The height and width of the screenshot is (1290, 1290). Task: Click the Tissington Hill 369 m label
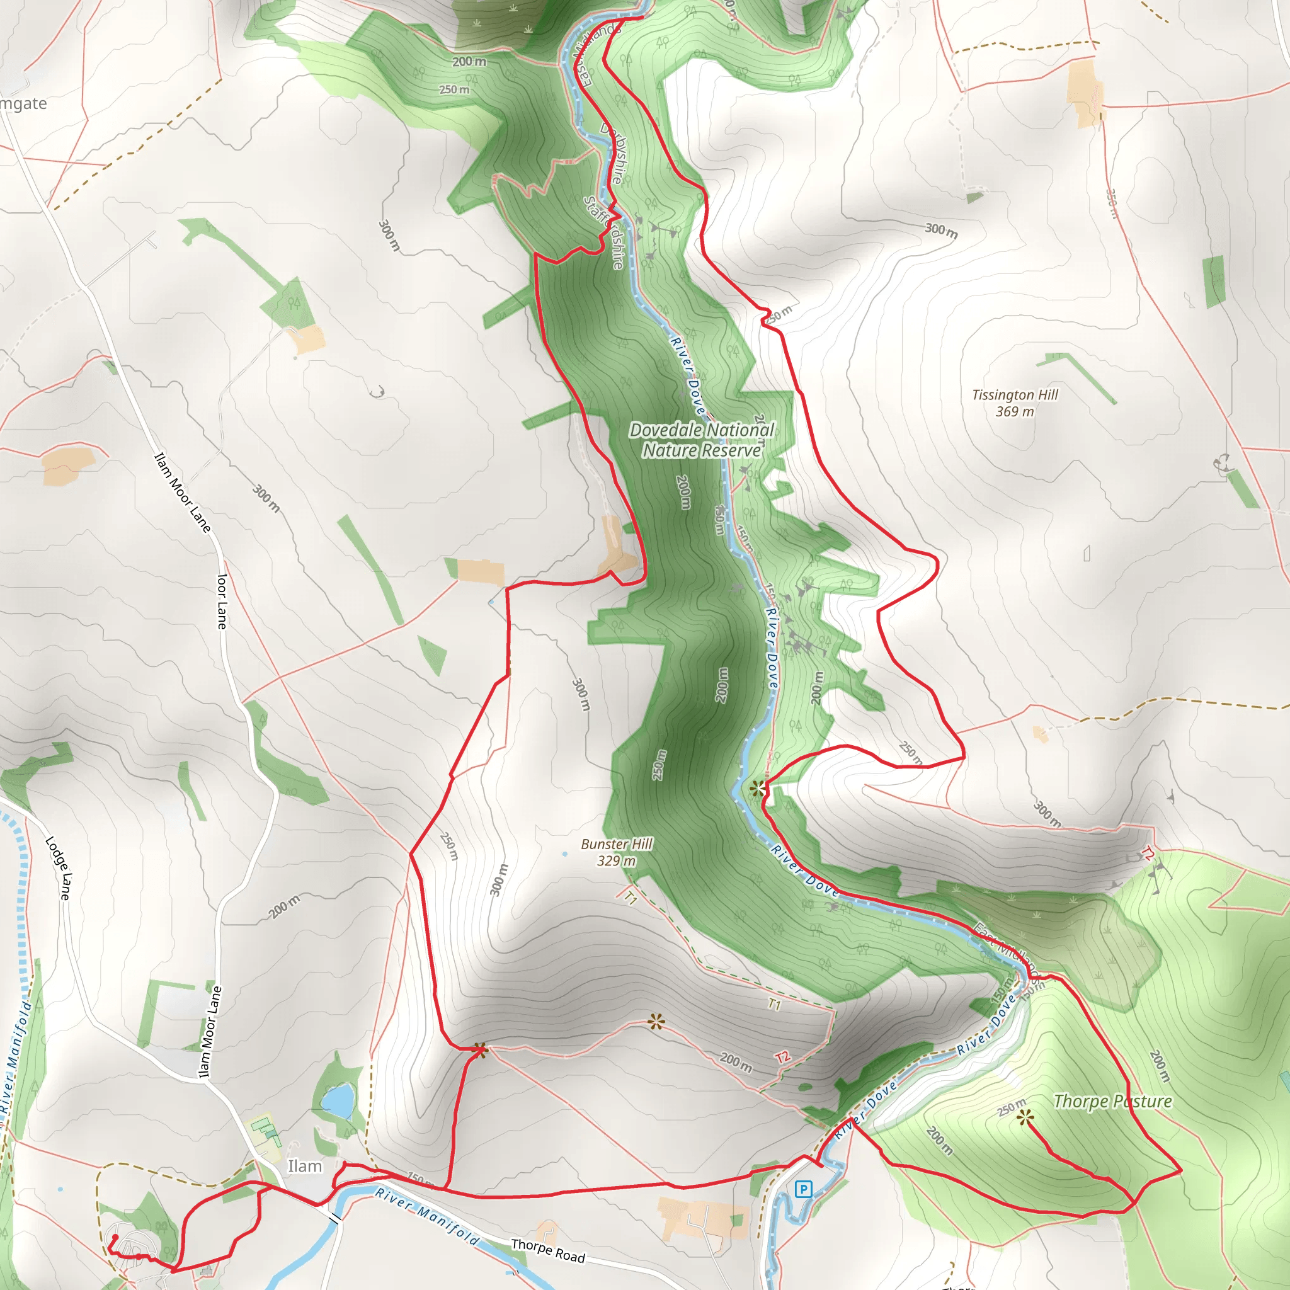point(1015,403)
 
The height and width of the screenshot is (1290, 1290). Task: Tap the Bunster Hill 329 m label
point(616,853)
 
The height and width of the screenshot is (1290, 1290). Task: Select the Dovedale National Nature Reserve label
point(702,440)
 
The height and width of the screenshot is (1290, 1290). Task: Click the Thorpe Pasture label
point(1112,1102)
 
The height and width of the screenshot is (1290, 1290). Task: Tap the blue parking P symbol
point(804,1189)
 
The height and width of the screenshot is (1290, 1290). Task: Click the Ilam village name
point(304,1167)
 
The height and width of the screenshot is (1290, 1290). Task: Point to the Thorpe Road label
point(547,1250)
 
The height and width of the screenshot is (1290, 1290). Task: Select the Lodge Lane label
point(57,868)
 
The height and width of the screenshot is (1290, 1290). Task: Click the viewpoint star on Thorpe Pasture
point(1025,1117)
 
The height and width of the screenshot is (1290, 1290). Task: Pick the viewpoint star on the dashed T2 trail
point(656,1022)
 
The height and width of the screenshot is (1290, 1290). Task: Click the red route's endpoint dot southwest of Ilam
point(115,1237)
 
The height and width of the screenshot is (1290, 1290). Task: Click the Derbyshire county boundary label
point(612,154)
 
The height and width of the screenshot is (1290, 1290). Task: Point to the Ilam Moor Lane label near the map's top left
point(182,493)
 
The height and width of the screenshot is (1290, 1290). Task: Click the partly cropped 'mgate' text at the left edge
point(23,104)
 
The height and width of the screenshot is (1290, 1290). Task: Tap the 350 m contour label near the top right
point(1111,203)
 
